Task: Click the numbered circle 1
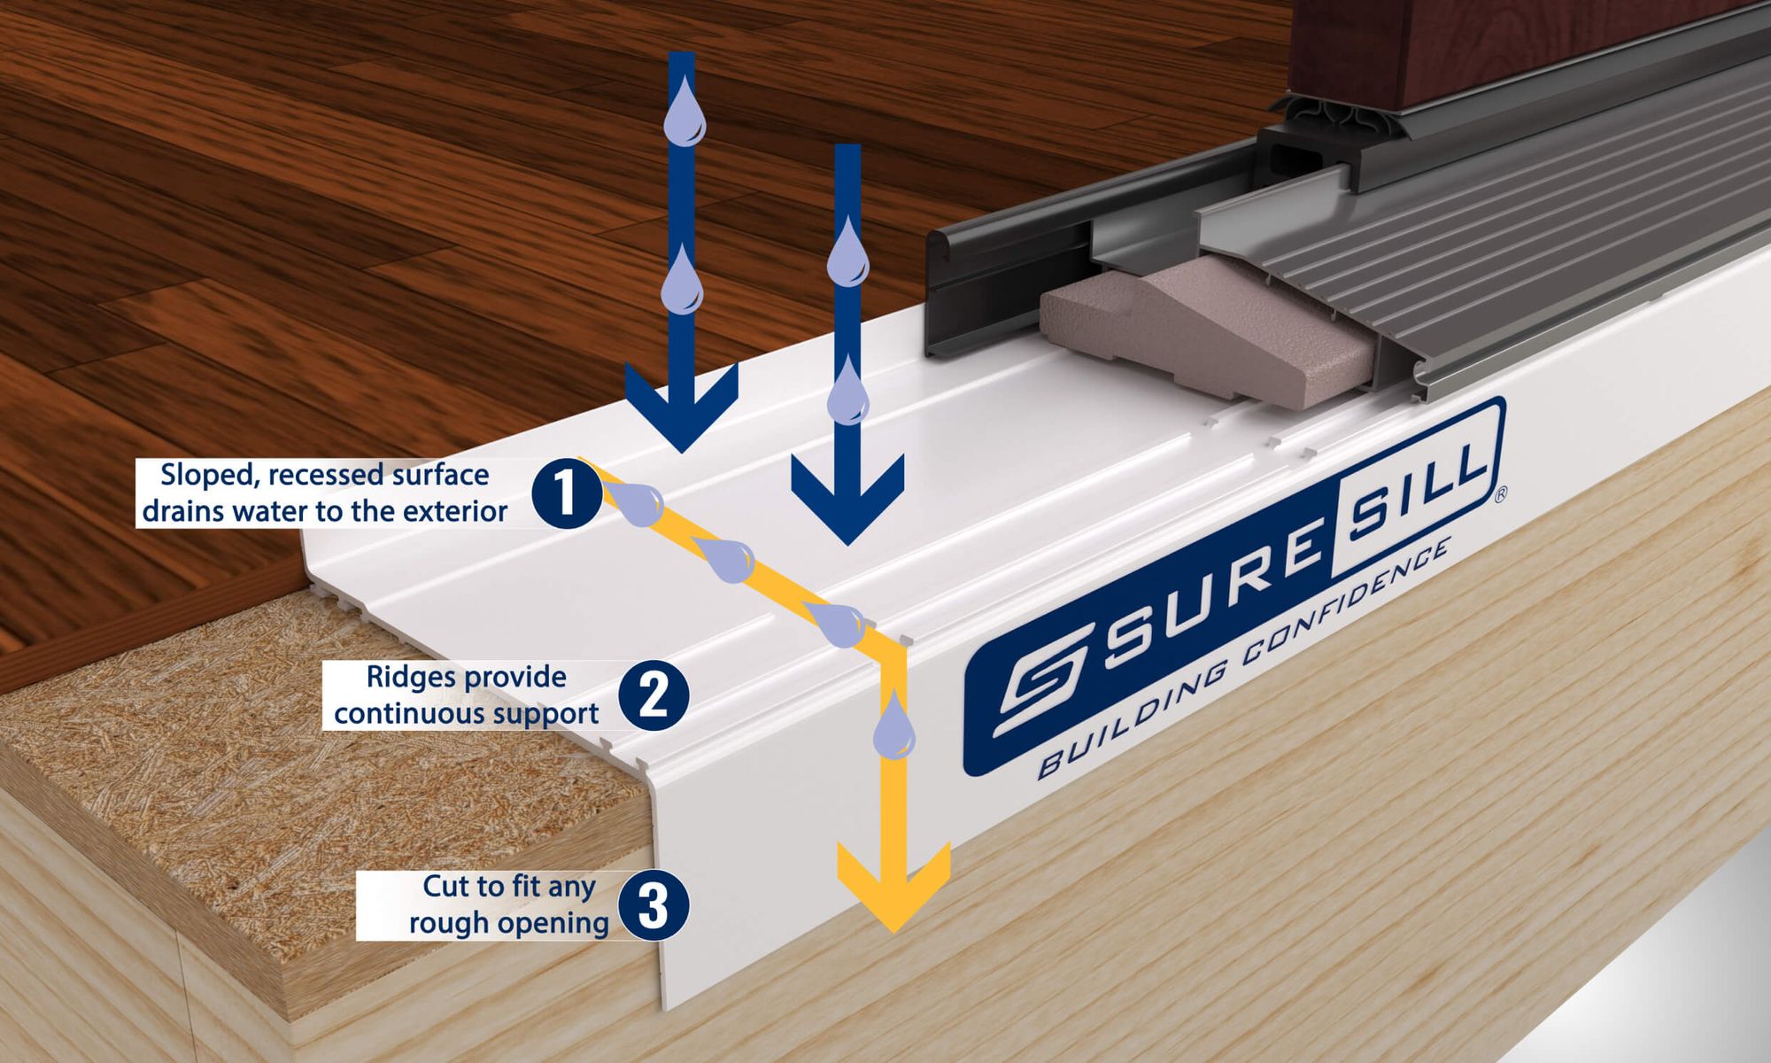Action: pos(566,494)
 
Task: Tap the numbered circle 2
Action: pos(653,696)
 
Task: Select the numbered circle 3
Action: pos(653,905)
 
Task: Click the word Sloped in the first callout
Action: pos(210,475)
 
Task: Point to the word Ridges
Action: pos(411,678)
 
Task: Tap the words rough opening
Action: pos(508,923)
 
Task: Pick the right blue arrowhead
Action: pos(848,496)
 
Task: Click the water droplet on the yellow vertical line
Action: pos(893,725)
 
